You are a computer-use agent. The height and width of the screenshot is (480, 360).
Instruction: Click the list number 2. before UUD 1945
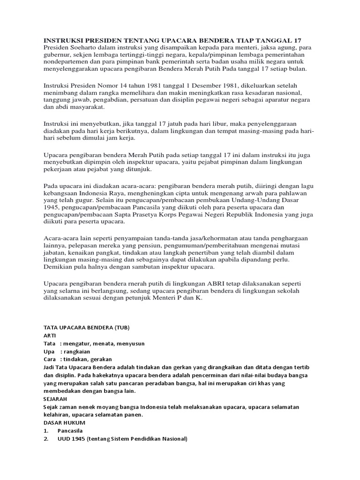point(46,439)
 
